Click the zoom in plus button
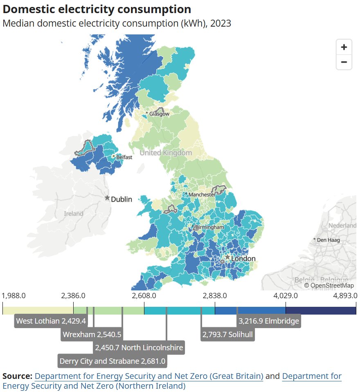point(344,47)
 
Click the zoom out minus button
point(344,62)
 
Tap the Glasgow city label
point(159,114)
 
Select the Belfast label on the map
point(124,157)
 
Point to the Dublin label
point(122,199)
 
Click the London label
point(243,259)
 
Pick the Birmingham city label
point(209,227)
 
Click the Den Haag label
point(329,240)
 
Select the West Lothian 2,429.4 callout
point(51,321)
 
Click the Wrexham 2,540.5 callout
point(92,334)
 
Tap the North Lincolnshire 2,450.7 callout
point(139,348)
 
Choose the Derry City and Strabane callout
point(112,361)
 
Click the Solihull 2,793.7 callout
point(227,334)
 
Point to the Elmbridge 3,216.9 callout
point(269,321)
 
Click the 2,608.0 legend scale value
point(144,296)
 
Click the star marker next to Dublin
point(107,198)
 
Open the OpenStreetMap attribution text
point(329,286)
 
